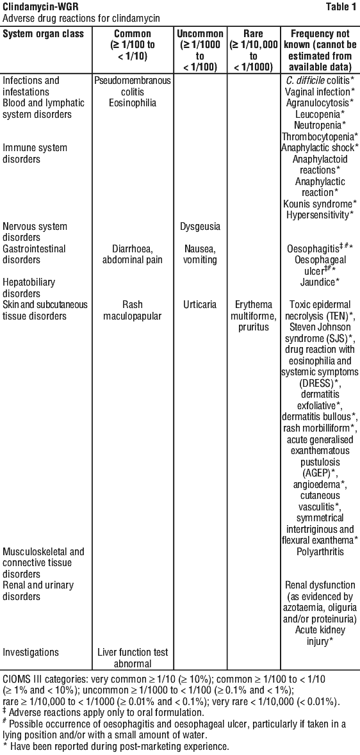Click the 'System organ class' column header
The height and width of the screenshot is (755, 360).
coord(44,34)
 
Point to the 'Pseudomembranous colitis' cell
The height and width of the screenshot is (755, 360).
coord(133,85)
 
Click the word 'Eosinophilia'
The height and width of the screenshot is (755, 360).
coord(133,102)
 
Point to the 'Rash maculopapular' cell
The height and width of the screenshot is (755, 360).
coord(133,311)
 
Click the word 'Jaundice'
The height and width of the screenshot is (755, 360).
coord(320,282)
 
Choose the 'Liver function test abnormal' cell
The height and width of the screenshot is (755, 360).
coord(133,658)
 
